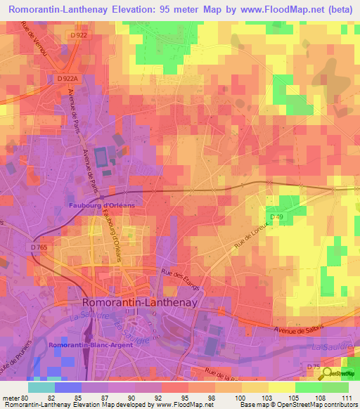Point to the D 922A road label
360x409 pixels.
(67, 79)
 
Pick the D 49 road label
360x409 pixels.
(276, 216)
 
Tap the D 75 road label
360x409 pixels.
(314, 367)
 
